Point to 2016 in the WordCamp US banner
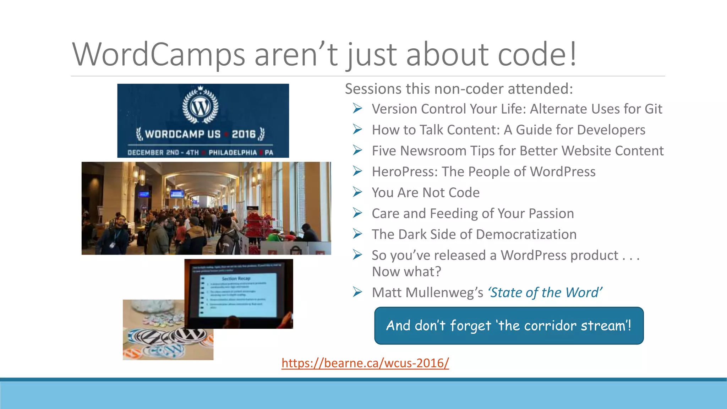coord(244,134)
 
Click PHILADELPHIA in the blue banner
coord(233,153)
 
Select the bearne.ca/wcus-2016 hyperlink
coord(365,363)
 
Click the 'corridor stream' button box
coord(509,326)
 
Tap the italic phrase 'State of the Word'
coord(545,293)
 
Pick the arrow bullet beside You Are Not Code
coord(357,192)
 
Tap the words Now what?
coord(406,272)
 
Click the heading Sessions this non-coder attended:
coord(459,89)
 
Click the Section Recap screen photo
coord(239,294)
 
